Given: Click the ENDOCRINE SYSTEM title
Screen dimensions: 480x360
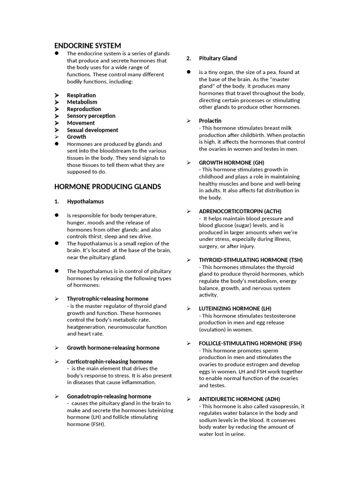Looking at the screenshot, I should [x=88, y=45].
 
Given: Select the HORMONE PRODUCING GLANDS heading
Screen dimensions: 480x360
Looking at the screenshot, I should [x=107, y=187].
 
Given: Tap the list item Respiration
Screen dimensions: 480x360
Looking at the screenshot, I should [x=81, y=95].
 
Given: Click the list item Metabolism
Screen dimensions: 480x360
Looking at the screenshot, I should [x=82, y=102].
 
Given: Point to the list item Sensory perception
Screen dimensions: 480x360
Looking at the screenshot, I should [x=91, y=116].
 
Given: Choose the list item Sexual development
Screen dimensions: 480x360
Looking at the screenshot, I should [x=92, y=130].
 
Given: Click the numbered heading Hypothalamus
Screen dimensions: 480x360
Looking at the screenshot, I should [x=85, y=202].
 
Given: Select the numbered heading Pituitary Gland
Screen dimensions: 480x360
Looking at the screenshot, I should [x=217, y=58].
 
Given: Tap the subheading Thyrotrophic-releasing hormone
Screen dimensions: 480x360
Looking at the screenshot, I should [x=107, y=299].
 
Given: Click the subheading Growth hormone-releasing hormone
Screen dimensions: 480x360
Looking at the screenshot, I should [x=113, y=348].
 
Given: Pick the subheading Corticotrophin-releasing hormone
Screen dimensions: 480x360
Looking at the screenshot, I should [x=110, y=361].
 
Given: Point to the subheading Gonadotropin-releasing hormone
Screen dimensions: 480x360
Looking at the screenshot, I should [x=109, y=396].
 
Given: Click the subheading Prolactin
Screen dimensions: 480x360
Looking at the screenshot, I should [x=210, y=120].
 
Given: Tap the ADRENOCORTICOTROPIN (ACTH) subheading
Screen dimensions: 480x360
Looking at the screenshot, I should [x=240, y=211].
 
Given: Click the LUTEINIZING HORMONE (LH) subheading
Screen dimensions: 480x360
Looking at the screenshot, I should [x=235, y=308].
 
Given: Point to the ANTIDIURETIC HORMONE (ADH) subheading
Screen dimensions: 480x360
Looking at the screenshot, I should [x=239, y=399].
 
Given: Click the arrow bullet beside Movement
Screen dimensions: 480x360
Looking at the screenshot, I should [x=57, y=123].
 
